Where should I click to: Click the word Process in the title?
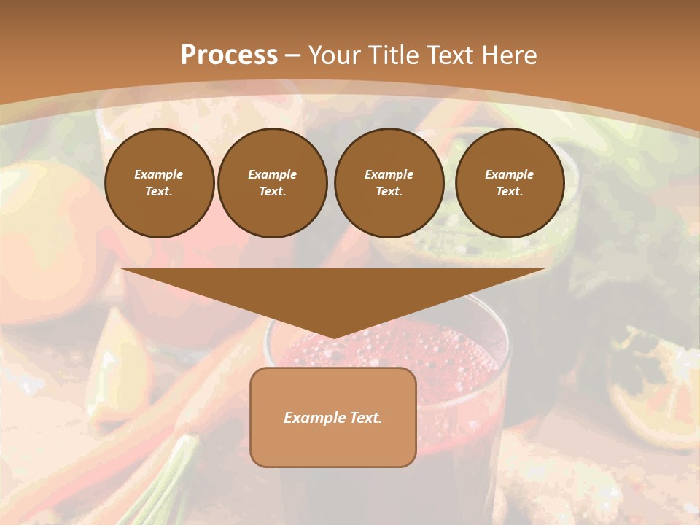coord(229,55)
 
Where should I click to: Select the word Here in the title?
coord(510,55)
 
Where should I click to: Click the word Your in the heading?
coord(333,55)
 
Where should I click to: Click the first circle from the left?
coord(160,183)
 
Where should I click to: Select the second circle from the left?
coord(273,183)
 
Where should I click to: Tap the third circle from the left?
coord(389,183)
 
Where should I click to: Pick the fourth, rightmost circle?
coord(510,183)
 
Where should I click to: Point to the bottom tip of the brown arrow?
coord(333,337)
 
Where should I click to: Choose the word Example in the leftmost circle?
coord(159,174)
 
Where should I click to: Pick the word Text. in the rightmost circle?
coord(510,192)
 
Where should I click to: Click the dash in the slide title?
coord(293,55)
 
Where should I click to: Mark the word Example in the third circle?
coord(389,174)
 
